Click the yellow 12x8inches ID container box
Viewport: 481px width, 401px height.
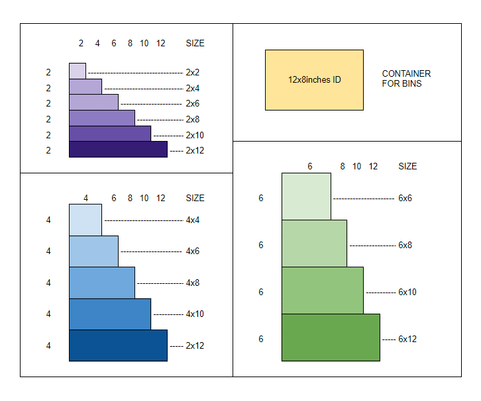click(x=314, y=79)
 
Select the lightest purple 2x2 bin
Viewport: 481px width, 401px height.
click(x=78, y=71)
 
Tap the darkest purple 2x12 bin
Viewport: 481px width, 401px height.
click(x=118, y=149)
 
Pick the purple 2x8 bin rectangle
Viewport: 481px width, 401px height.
click(x=102, y=118)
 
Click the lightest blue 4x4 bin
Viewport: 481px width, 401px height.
click(x=85, y=220)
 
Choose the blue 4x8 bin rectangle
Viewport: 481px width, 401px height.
click(x=102, y=283)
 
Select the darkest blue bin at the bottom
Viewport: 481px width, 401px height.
click(x=118, y=345)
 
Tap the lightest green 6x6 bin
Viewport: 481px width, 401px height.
click(x=306, y=197)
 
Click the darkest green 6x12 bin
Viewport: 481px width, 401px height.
click(x=331, y=337)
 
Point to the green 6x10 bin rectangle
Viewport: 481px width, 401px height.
click(x=323, y=290)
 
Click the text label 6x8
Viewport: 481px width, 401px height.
click(x=405, y=245)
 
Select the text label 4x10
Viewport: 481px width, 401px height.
click(x=195, y=314)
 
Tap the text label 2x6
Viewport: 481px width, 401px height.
click(x=193, y=103)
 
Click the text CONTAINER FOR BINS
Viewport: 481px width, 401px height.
click(x=406, y=79)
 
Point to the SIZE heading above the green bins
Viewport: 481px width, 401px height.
click(x=407, y=166)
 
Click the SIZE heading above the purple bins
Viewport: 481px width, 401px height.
click(x=195, y=43)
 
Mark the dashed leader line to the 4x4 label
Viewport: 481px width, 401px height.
click(x=143, y=220)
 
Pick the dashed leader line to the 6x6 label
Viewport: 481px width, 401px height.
click(x=363, y=198)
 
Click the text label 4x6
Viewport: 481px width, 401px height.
click(x=193, y=251)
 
